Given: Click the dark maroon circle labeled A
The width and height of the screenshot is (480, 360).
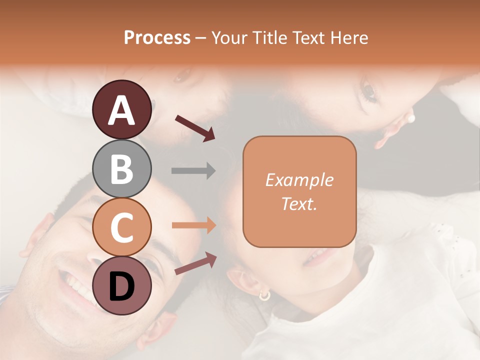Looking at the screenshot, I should click(x=122, y=109).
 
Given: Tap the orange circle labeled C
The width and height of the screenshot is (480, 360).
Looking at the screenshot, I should click(x=122, y=227).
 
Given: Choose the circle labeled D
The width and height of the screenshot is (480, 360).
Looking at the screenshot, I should click(x=122, y=285).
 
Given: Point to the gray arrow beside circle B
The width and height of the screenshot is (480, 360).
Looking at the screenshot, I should click(x=193, y=171).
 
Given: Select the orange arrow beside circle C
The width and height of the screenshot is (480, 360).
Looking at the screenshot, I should click(x=193, y=225).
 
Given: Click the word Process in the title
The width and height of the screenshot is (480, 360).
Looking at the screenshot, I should click(x=157, y=37).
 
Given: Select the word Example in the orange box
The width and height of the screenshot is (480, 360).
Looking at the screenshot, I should click(x=299, y=180).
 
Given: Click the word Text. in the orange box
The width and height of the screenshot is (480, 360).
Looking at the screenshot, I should click(x=299, y=203).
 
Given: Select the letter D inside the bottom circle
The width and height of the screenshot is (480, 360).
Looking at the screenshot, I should click(x=122, y=286).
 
